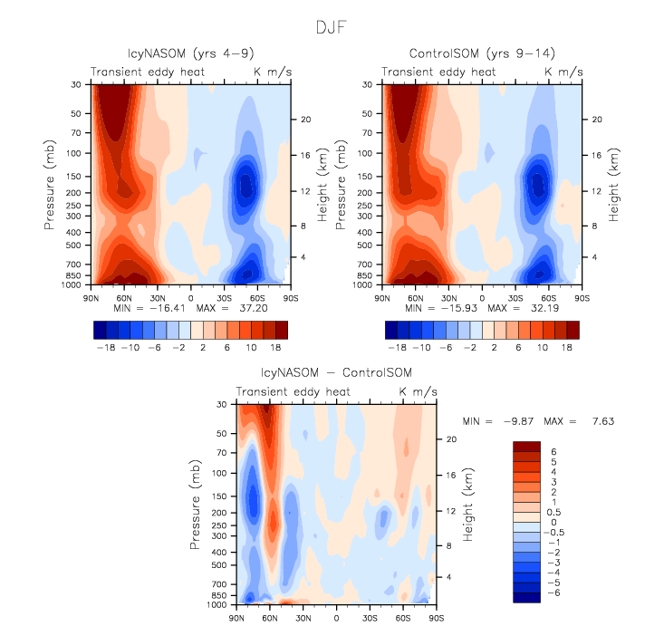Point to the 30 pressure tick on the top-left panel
coord(77,84)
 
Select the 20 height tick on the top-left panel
coord(305,120)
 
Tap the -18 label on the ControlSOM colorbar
coord(396,347)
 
